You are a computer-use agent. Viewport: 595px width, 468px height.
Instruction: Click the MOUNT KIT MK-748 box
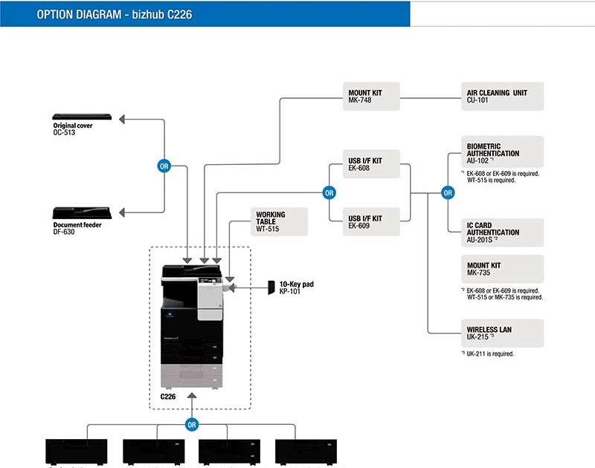[372, 97]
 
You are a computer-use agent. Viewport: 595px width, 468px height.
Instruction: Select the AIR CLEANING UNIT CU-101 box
[502, 97]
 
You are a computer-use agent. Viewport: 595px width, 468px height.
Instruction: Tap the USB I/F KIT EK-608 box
[372, 164]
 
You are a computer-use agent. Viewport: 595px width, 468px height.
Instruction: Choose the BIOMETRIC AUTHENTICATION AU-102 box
[502, 151]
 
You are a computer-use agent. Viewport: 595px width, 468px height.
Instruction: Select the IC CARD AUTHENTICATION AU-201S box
[502, 233]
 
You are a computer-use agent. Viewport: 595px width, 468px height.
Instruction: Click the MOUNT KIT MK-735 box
[502, 268]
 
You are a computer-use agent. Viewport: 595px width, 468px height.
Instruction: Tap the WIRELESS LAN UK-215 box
[502, 333]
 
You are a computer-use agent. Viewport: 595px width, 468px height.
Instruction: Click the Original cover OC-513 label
[73, 129]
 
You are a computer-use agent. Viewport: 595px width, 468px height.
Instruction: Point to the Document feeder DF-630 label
[77, 229]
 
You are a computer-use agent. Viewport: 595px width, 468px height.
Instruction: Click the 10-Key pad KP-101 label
[296, 287]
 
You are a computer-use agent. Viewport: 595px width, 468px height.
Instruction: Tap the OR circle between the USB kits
[329, 193]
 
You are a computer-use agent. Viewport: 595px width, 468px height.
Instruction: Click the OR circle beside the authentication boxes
[448, 193]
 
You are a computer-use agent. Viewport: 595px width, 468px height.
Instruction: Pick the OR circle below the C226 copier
[192, 425]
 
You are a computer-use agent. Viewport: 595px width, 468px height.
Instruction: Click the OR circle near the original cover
[164, 166]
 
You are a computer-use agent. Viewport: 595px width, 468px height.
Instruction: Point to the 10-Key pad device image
[271, 287]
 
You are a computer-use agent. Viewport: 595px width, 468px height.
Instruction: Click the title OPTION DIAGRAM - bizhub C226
[115, 14]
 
